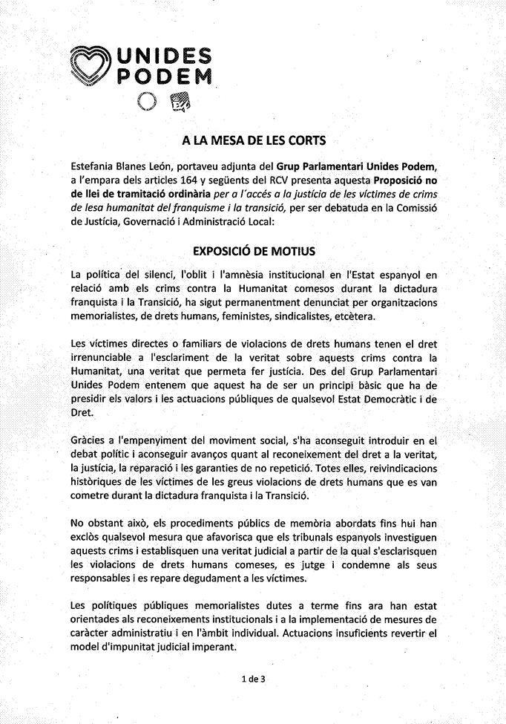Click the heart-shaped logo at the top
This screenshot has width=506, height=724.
tap(91, 65)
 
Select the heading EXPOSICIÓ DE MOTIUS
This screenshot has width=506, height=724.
tap(253, 252)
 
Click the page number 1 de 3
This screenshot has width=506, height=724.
tap(253, 677)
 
